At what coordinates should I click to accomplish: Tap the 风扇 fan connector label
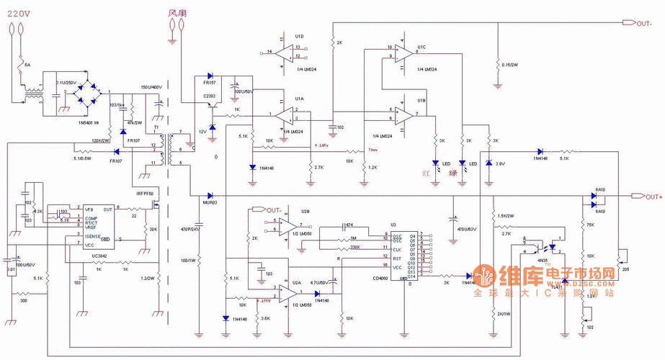click(x=177, y=12)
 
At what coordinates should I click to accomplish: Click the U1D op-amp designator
click(x=299, y=35)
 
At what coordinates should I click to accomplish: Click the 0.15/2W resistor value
click(x=510, y=66)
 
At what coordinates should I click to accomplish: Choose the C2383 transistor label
click(x=210, y=95)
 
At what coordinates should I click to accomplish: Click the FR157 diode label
click(x=209, y=84)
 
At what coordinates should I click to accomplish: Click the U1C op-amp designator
click(x=421, y=47)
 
